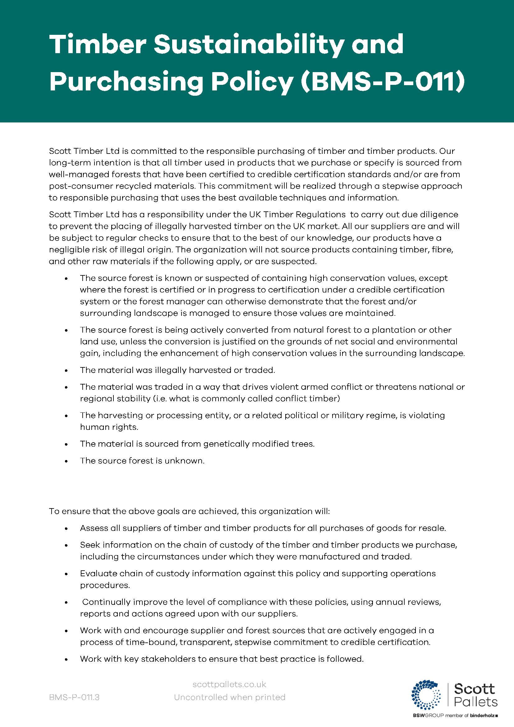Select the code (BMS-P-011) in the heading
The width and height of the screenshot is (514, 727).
tap(383, 82)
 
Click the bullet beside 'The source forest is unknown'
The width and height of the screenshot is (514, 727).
tap(66, 461)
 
